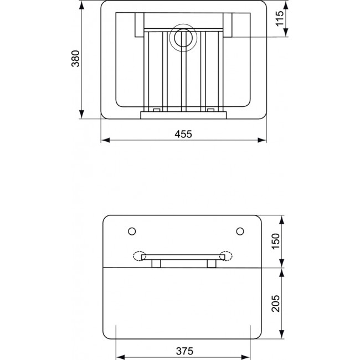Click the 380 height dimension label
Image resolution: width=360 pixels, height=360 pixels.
click(76, 59)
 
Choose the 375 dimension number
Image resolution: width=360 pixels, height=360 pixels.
click(184, 351)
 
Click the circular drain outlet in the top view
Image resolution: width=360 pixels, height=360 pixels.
click(182, 38)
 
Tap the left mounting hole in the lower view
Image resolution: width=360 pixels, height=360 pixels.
click(131, 230)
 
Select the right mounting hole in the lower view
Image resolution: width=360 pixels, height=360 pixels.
click(240, 230)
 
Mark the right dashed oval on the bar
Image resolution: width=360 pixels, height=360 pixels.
click(227, 256)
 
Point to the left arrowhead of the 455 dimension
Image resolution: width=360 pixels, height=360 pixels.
click(104, 141)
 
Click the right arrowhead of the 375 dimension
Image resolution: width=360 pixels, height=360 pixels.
click(250, 357)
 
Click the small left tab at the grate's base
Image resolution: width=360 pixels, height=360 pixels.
click(157, 110)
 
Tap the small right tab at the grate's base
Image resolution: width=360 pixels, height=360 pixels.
click(211, 110)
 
